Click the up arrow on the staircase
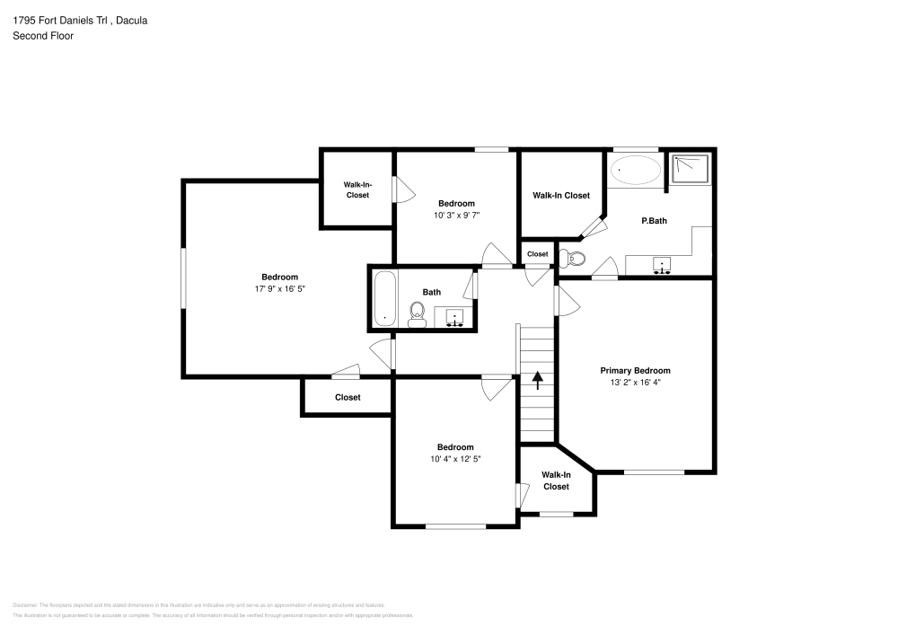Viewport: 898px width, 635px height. (538, 380)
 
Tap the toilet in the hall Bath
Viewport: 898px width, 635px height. (417, 313)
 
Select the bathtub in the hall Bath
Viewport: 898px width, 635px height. (385, 298)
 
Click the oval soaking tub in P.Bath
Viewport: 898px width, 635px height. (635, 170)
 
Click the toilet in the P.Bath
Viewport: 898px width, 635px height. (572, 260)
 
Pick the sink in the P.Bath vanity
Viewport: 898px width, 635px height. (662, 266)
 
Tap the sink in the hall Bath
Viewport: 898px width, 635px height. (454, 317)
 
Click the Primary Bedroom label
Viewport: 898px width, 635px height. (635, 370)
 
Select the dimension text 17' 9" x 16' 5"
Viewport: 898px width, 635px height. (279, 289)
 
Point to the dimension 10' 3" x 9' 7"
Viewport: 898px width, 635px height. (456, 216)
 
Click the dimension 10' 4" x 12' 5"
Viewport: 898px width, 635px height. (455, 460)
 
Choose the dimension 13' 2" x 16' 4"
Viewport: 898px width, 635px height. (635, 382)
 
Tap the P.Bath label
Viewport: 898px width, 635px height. (652, 218)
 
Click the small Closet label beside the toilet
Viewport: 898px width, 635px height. (537, 254)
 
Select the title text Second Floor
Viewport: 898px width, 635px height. (43, 36)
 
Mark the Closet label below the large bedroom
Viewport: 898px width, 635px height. (348, 397)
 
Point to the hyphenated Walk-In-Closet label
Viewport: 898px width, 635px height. (357, 190)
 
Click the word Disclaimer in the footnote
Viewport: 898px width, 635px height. (24, 605)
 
